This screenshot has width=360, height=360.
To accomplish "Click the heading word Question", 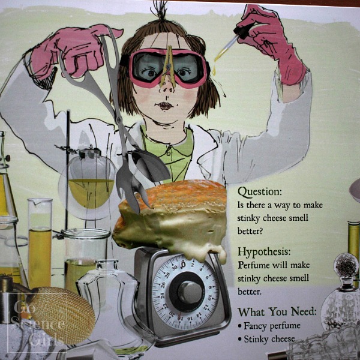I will (259, 192).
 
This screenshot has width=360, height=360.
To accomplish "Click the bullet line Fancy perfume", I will (270, 327).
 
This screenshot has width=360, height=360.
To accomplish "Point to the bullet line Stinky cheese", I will (269, 340).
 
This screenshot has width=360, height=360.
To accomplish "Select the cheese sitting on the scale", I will (174, 216).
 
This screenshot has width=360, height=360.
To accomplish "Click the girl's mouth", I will (163, 106).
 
